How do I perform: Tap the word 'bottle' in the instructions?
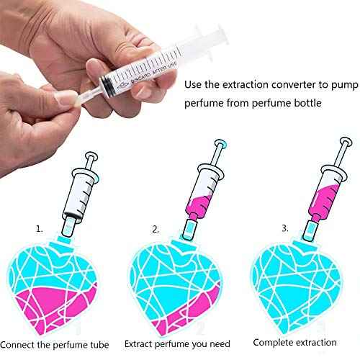click(305, 104)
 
